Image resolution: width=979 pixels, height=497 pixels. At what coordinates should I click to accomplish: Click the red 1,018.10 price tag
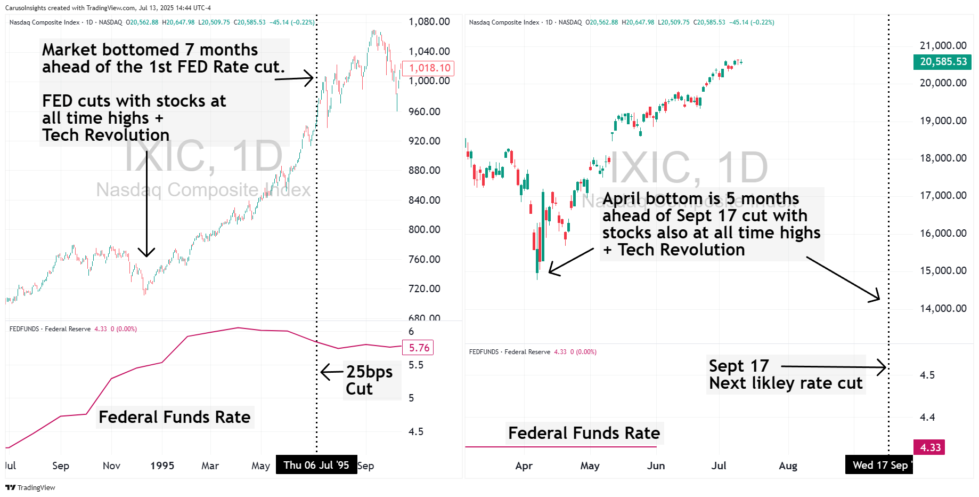[429, 68]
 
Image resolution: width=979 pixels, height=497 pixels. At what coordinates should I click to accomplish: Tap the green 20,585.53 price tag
[943, 62]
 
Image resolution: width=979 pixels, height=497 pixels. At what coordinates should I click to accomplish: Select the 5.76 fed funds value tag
[419, 348]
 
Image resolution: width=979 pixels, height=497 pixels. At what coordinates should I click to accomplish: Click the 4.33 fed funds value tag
[930, 447]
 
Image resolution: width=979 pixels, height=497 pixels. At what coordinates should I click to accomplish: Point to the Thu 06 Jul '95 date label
[316, 465]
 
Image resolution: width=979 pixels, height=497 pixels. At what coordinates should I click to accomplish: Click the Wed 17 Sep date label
[879, 465]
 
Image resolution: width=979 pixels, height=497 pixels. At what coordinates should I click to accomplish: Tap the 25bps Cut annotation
[369, 380]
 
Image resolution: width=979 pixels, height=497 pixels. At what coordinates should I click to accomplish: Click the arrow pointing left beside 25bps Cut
[332, 372]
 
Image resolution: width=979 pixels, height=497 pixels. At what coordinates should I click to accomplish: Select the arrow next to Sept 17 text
[833, 367]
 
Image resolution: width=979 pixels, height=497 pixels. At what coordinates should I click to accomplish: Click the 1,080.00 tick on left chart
[429, 22]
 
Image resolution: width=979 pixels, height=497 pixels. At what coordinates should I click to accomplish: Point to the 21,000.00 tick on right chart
[943, 45]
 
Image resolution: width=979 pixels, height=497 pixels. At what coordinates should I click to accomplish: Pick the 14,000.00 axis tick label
[943, 308]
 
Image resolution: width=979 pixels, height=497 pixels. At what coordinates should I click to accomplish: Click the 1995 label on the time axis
[162, 466]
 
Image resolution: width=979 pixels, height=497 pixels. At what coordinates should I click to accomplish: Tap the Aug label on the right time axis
[788, 466]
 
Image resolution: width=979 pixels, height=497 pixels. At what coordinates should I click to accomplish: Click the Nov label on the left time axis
[111, 466]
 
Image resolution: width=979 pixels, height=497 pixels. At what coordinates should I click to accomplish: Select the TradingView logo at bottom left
[30, 487]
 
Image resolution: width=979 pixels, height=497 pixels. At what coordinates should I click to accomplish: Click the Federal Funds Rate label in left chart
[174, 417]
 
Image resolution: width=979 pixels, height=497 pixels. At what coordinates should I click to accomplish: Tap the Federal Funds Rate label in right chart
[584, 433]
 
